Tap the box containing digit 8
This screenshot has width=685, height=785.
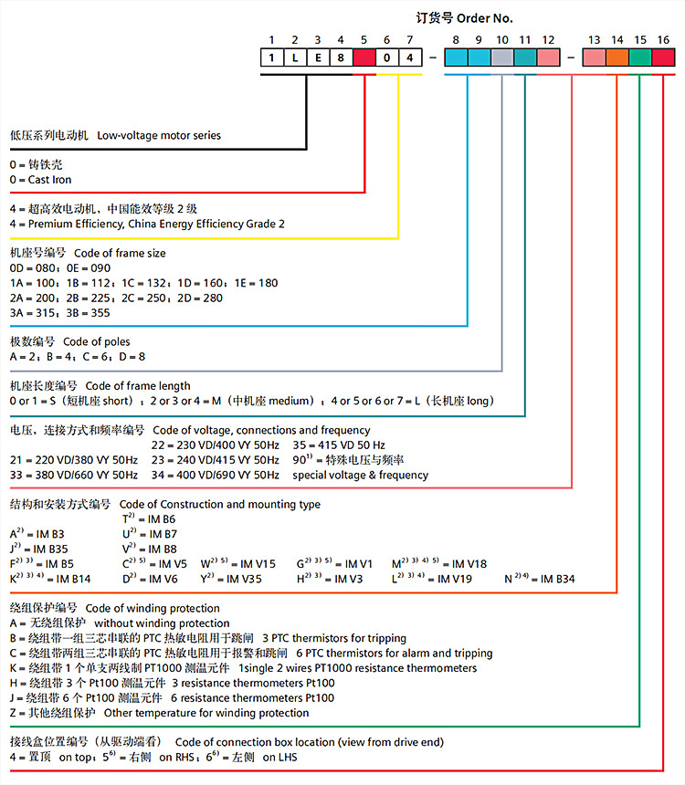(341, 58)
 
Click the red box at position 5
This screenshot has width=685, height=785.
(364, 58)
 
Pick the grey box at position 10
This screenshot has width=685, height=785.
(501, 58)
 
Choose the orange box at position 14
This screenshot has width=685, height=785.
(616, 58)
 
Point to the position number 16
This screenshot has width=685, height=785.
(663, 40)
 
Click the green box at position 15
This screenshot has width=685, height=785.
(640, 58)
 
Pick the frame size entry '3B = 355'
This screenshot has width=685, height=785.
(88, 312)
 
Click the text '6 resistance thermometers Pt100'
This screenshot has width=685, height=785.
(253, 697)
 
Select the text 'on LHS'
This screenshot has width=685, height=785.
(280, 757)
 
